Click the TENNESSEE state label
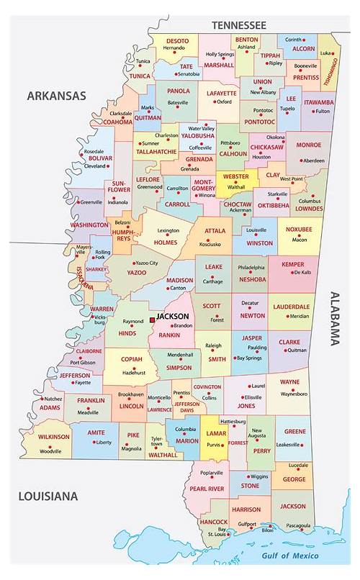[x=238, y=24]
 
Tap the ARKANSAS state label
[x=57, y=95]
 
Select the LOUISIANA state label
[x=48, y=497]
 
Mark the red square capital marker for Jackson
[x=152, y=317]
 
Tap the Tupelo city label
[x=287, y=109]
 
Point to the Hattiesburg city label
[x=237, y=420]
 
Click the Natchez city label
[x=53, y=399]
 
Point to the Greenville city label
[x=91, y=202]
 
